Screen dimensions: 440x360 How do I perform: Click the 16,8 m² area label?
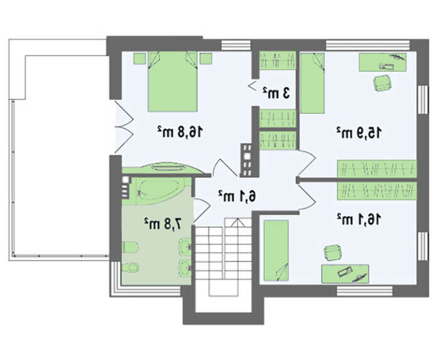click(180, 131)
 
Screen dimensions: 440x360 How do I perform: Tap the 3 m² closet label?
click(276, 93)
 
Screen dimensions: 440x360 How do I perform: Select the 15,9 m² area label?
click(360, 133)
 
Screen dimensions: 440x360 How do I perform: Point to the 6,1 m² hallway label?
click(237, 196)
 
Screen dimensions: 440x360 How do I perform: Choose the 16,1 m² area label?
click(359, 219)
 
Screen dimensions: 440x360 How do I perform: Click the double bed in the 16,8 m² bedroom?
click(173, 82)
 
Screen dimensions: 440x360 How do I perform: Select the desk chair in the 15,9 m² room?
click(382, 83)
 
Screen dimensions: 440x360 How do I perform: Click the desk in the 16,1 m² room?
click(345, 274)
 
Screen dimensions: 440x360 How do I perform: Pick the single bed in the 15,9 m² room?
click(312, 83)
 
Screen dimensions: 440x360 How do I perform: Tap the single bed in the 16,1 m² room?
click(276, 251)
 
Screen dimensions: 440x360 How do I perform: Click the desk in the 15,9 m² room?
click(382, 62)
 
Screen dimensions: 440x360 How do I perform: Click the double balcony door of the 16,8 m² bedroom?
click(124, 127)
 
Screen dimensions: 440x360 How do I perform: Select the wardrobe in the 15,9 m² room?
click(377, 169)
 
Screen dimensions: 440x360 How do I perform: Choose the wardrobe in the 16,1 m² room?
click(377, 191)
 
